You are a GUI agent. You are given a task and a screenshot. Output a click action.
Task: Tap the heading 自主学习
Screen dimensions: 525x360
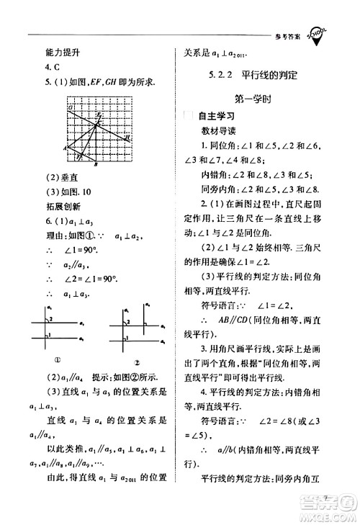tap(220, 115)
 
